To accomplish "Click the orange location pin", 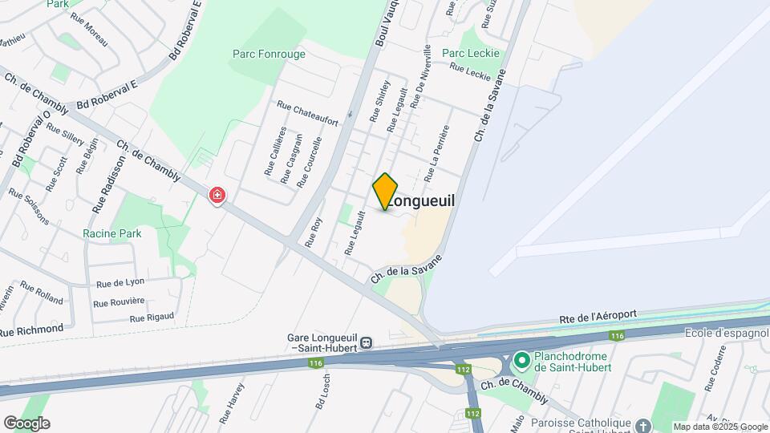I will coord(385,191).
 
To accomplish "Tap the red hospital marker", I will coord(217,195).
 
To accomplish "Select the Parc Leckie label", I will coord(471,54).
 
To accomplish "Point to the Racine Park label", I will coord(111,234).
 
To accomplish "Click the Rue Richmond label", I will coord(31,330).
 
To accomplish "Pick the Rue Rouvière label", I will coord(119,302).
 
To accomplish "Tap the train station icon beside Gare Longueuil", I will coord(366,342).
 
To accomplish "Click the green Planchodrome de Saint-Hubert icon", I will coord(521,362).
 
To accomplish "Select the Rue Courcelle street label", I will coord(310,162).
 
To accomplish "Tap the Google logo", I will coord(26,423).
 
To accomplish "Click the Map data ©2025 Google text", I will coord(720,427).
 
